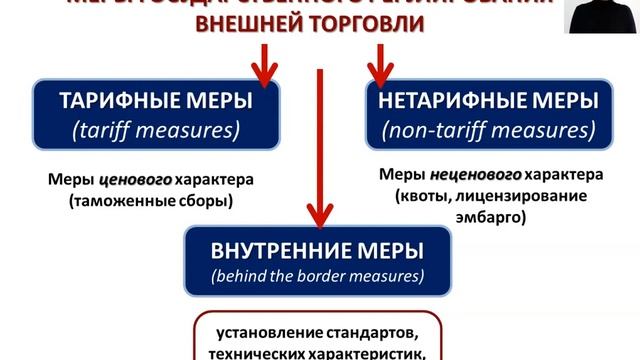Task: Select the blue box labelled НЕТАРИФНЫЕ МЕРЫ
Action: click(x=487, y=116)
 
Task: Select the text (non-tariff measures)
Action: click(x=487, y=130)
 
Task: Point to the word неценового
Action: click(x=475, y=173)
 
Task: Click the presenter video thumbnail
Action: click(x=601, y=17)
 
